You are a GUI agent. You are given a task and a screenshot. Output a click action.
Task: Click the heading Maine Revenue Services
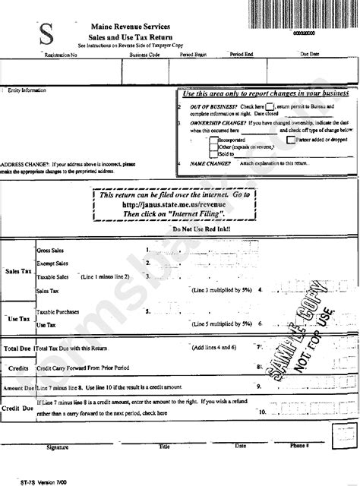pos(130,25)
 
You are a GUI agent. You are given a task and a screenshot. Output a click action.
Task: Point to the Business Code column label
pos(144,55)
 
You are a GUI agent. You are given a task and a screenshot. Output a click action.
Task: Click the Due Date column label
pos(311,55)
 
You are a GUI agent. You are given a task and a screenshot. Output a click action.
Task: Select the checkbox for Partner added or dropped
pos(290,140)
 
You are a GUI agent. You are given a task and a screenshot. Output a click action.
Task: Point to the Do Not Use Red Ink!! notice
pos(202,229)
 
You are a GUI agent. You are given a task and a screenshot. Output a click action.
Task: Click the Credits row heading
pos(18,367)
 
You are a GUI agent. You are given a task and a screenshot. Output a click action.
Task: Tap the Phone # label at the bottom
pos(300,447)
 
